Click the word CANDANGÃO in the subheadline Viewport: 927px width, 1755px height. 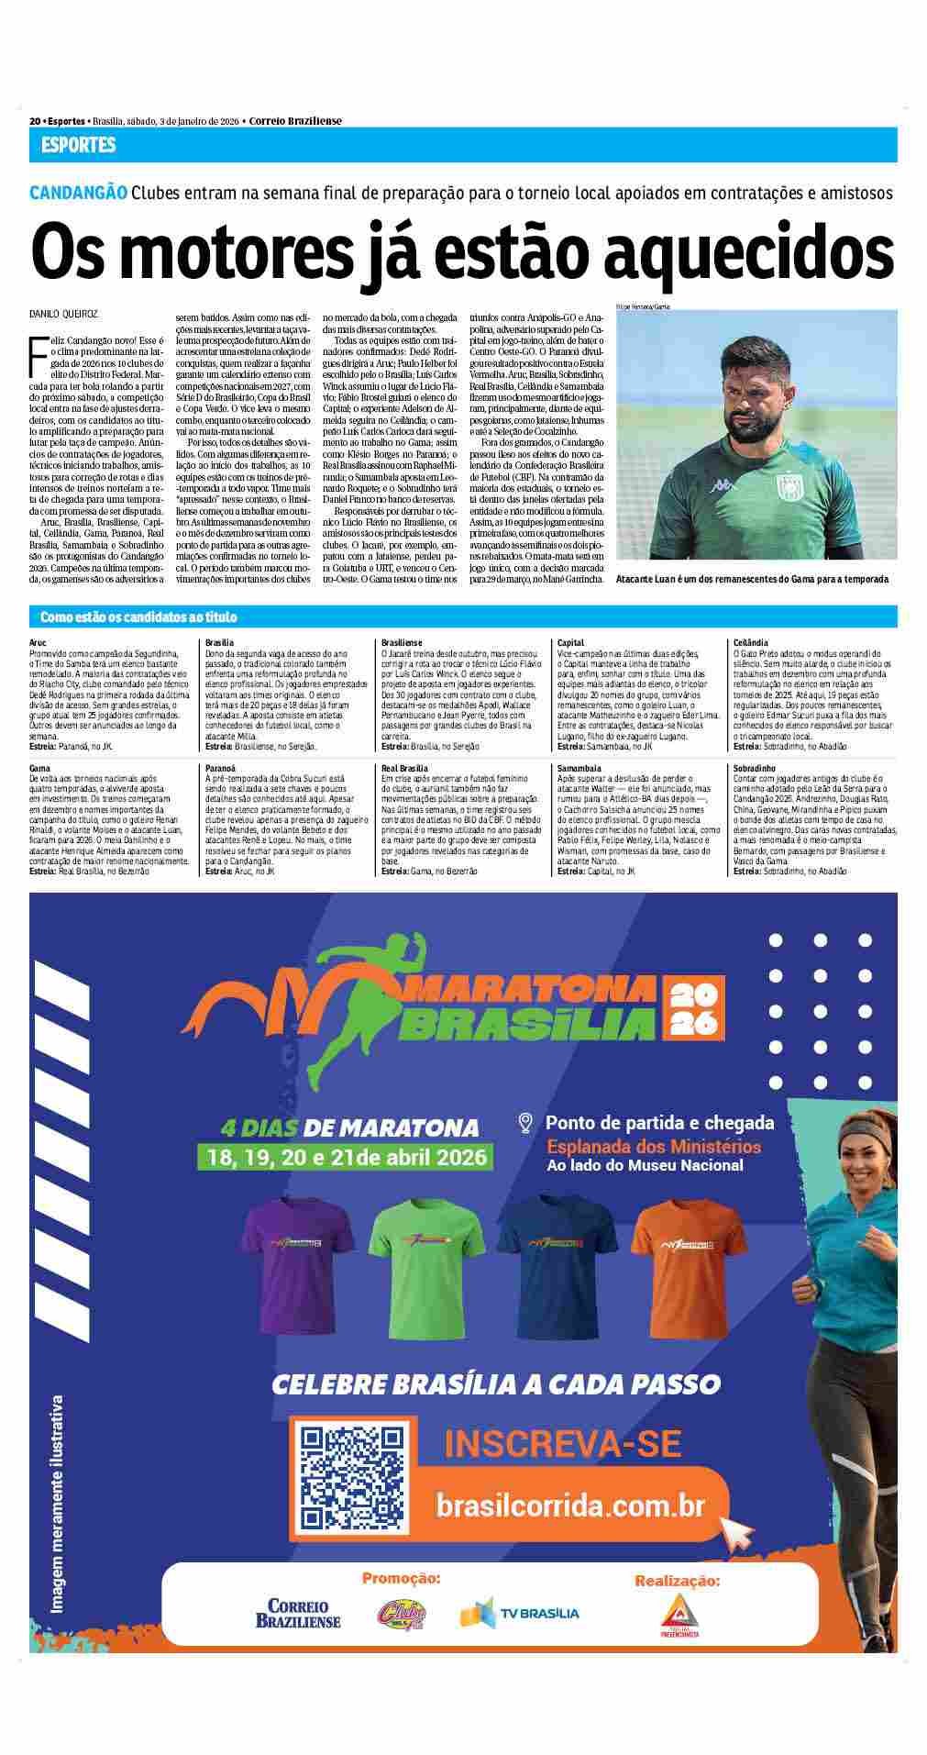(78, 194)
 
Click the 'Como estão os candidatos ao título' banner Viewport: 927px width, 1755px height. (138, 617)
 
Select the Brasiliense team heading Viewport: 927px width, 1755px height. (401, 643)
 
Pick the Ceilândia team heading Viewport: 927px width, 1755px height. (751, 643)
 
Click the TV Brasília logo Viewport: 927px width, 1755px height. (519, 1613)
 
